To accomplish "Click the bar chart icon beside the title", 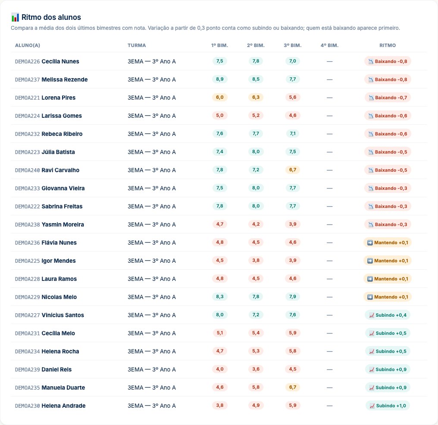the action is coord(15,17).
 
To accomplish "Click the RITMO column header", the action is coord(388,45).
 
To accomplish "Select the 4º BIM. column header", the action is coord(329,45).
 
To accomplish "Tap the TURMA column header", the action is coord(137,45).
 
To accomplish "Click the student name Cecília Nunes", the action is coord(60,61).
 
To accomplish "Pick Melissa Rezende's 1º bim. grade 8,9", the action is coord(219,79).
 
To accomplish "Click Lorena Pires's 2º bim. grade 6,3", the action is coord(256,98).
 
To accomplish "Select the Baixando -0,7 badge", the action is coord(388,98).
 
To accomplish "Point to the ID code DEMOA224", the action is coord(28,116).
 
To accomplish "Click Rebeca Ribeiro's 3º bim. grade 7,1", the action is coord(292,134).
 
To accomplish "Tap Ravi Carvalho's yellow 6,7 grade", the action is coord(292,170).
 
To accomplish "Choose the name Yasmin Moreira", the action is coord(63,224).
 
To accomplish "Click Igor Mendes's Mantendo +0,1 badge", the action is coord(388,261).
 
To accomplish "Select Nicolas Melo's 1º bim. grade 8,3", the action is coord(219,297).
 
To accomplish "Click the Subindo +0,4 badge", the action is coord(388,315).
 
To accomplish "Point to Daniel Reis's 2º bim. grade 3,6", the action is coord(256,369).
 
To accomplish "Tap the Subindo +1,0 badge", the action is coord(388,406).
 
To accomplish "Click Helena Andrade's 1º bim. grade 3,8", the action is coord(219,406).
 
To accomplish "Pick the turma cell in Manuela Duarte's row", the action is coord(152,387).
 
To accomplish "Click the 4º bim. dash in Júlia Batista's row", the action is coord(330,152).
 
